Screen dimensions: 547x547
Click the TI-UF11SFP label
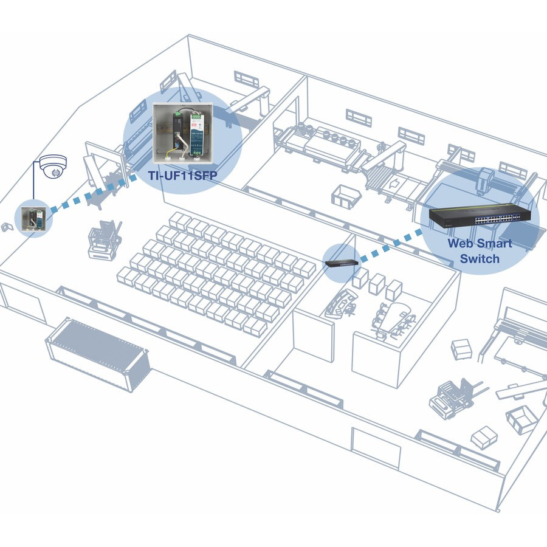(182, 176)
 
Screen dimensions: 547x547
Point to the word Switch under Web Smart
(480, 259)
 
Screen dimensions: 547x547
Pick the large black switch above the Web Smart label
(480, 216)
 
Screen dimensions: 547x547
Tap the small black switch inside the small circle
(340, 263)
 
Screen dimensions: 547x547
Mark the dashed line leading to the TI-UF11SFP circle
(91, 193)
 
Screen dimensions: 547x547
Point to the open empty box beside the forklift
(521, 418)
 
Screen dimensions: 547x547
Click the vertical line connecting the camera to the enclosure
(33, 185)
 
